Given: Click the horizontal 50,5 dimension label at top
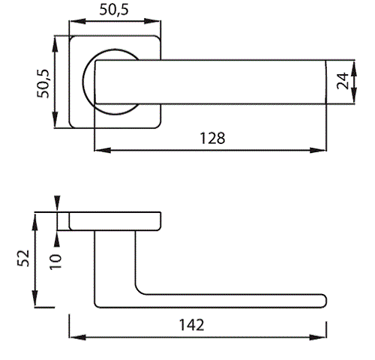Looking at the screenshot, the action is click(x=114, y=10).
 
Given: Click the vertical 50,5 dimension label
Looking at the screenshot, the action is click(x=43, y=83).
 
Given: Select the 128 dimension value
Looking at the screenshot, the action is click(x=212, y=138).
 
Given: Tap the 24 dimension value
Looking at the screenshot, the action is click(x=343, y=81).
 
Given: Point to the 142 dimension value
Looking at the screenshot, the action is click(x=192, y=325).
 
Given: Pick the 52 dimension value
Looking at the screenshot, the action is click(x=23, y=258).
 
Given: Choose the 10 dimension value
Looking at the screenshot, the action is click(x=55, y=262).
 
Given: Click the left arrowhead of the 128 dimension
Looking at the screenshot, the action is click(x=103, y=150).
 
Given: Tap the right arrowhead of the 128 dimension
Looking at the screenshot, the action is click(x=318, y=150).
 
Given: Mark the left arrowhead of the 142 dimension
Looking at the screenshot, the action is click(x=77, y=337).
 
